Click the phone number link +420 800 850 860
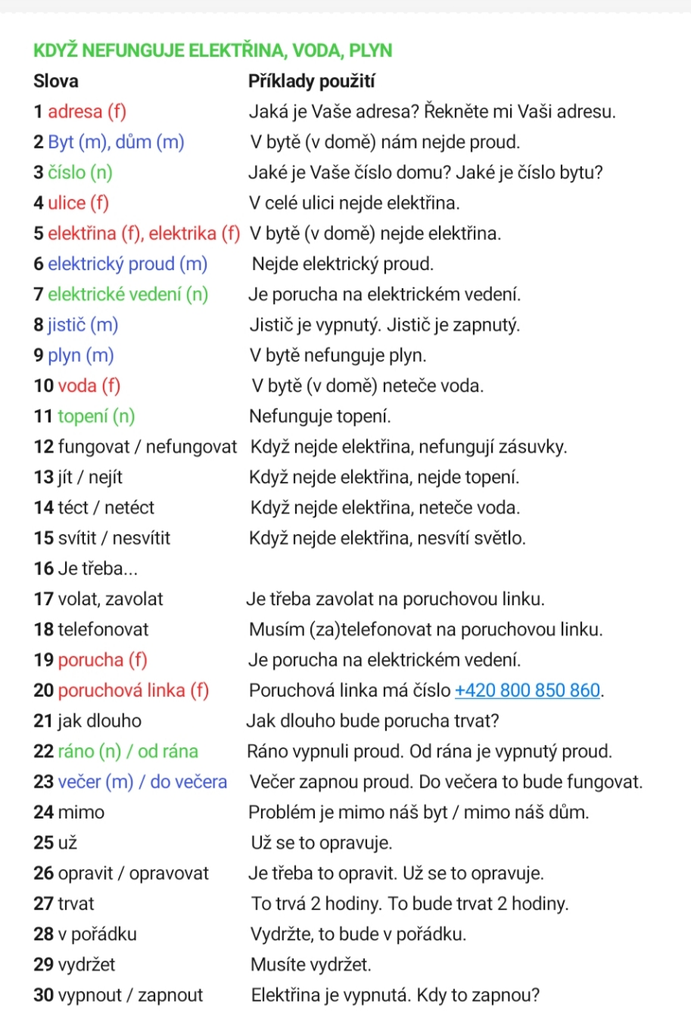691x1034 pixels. (x=527, y=691)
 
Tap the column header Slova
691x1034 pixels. (x=56, y=81)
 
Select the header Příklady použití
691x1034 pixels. (x=312, y=81)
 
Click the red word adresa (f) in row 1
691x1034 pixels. (x=87, y=112)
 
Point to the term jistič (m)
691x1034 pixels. (x=83, y=325)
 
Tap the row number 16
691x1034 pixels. (x=43, y=569)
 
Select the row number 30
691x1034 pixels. (x=43, y=995)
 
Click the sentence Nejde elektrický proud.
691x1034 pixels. (x=343, y=264)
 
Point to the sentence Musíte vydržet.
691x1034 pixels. (x=311, y=965)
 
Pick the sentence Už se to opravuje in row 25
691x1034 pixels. (x=322, y=843)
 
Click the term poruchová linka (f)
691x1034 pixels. (x=133, y=691)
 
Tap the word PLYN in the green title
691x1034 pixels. (x=370, y=51)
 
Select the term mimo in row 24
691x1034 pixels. (x=81, y=812)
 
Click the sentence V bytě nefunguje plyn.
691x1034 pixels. (x=338, y=356)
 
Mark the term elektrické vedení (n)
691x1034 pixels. (x=128, y=295)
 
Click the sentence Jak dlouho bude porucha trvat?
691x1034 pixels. (x=373, y=721)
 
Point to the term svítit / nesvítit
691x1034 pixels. (x=114, y=539)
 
